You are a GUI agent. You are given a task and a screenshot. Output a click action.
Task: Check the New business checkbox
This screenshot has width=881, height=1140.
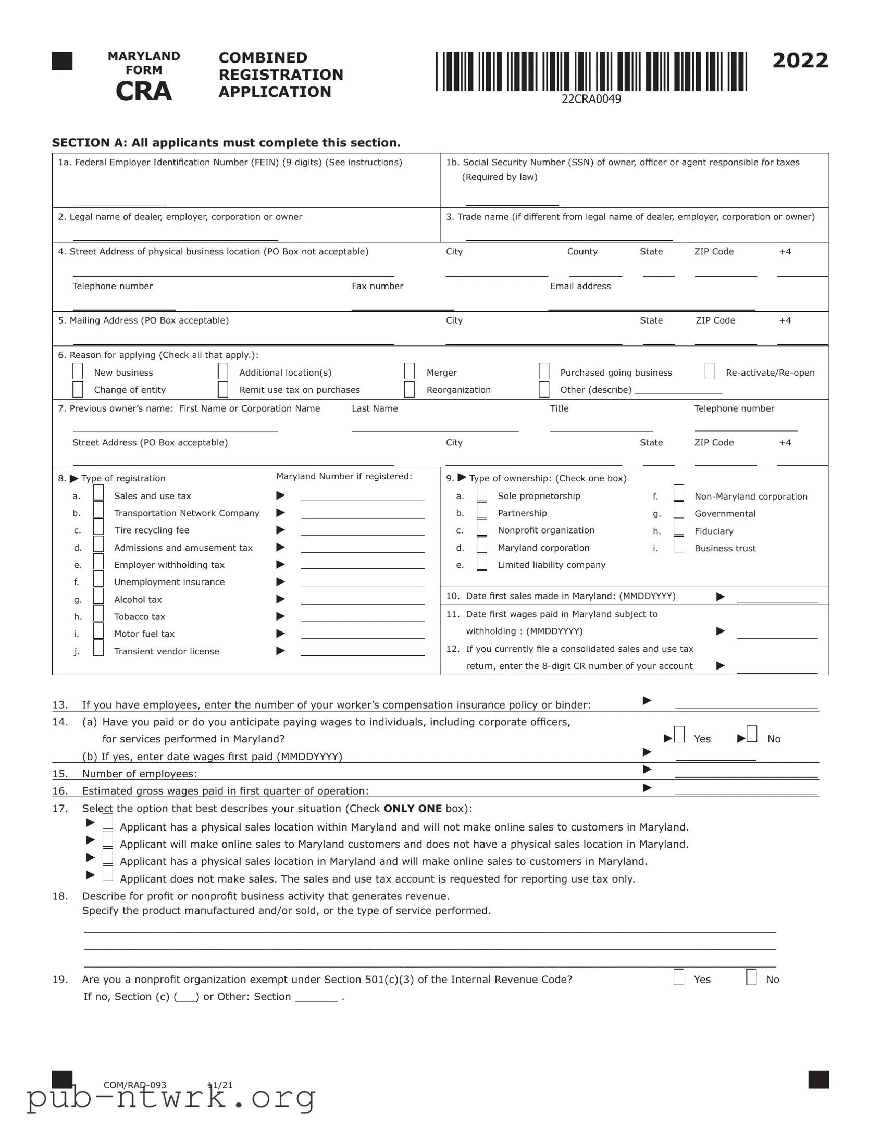pyautogui.click(x=78, y=371)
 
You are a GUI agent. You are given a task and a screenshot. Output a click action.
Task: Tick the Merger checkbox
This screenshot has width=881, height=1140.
pyautogui.click(x=409, y=371)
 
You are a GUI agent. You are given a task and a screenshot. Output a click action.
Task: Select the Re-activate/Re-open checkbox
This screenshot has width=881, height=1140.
pyautogui.click(x=710, y=371)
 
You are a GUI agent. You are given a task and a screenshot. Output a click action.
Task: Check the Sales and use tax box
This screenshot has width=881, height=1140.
pyautogui.click(x=98, y=493)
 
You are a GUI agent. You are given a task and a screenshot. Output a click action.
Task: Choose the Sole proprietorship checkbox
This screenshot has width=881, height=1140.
pyautogui.click(x=482, y=493)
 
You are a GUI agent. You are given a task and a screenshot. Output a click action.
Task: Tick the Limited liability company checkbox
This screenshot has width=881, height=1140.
pyautogui.click(x=482, y=562)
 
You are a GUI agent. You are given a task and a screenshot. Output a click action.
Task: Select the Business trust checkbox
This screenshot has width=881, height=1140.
pyautogui.click(x=678, y=544)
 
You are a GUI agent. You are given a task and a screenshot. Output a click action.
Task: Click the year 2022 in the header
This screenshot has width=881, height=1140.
pyautogui.click(x=800, y=60)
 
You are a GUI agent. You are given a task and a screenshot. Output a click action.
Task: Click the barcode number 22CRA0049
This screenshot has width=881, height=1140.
pyautogui.click(x=591, y=99)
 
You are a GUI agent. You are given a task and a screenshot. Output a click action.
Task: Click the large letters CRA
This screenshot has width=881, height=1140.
pyautogui.click(x=143, y=91)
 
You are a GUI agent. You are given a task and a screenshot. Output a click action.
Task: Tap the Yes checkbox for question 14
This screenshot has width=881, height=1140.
pyautogui.click(x=679, y=735)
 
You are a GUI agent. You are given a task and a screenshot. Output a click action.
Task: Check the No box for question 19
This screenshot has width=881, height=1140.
pyautogui.click(x=751, y=976)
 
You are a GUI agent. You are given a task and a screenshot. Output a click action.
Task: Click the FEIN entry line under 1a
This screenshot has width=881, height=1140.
pyautogui.click(x=119, y=201)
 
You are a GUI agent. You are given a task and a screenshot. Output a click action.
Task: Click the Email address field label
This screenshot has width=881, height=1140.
pyautogui.click(x=580, y=286)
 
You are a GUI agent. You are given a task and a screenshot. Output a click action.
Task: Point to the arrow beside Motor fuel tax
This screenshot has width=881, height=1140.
pyautogui.click(x=280, y=634)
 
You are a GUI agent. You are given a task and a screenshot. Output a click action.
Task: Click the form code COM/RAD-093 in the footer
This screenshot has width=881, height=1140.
pyautogui.click(x=134, y=1085)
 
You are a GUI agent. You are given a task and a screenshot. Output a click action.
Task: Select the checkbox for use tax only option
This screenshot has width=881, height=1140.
pyautogui.click(x=108, y=873)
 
